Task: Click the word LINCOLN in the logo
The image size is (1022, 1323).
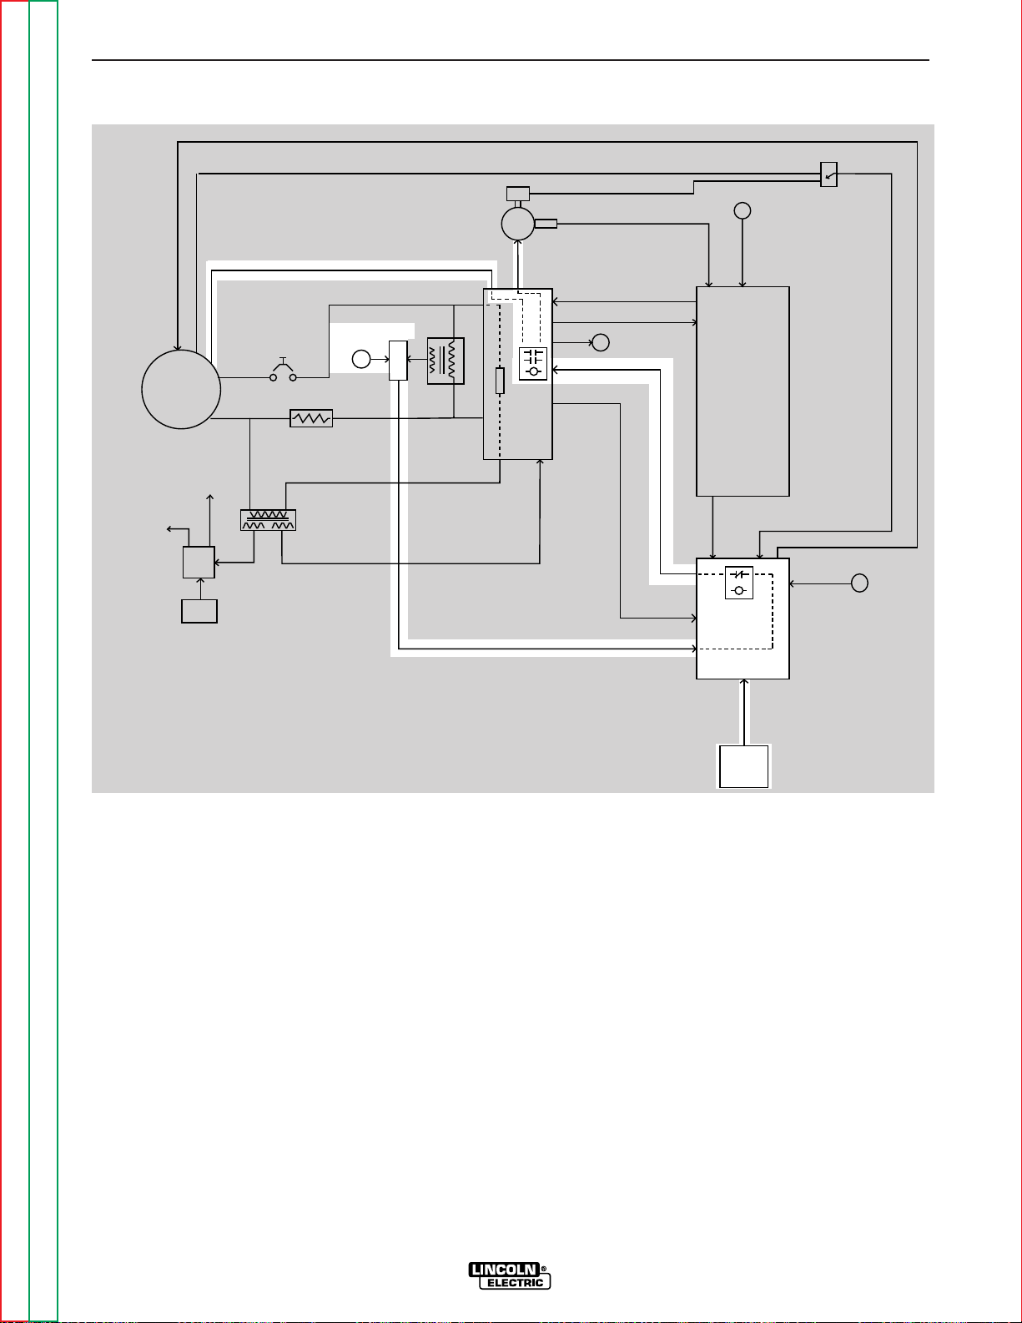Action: click(504, 1270)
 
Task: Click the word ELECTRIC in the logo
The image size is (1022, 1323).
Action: click(515, 1283)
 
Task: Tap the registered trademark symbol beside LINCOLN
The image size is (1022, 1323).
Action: click(544, 1268)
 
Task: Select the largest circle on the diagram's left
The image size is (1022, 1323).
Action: click(181, 389)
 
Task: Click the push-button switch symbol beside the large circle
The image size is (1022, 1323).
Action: click(283, 372)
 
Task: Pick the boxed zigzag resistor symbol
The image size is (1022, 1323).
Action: click(311, 418)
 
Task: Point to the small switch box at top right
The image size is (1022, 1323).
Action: click(828, 174)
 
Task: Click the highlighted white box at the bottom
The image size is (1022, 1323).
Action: click(744, 765)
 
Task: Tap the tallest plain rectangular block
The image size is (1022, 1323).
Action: click(743, 391)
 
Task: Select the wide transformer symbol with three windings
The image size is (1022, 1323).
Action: click(268, 520)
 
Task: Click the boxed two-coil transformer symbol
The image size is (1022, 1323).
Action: click(446, 361)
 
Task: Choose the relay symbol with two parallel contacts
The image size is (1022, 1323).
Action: click(533, 363)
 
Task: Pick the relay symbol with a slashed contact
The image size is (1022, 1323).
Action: click(739, 583)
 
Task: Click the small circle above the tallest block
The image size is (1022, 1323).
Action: click(743, 210)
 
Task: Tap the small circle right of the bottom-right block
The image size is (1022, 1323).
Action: click(860, 583)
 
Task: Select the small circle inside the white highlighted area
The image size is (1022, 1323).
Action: click(360, 360)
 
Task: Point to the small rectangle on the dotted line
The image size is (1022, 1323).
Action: click(500, 381)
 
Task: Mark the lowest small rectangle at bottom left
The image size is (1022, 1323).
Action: click(199, 611)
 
